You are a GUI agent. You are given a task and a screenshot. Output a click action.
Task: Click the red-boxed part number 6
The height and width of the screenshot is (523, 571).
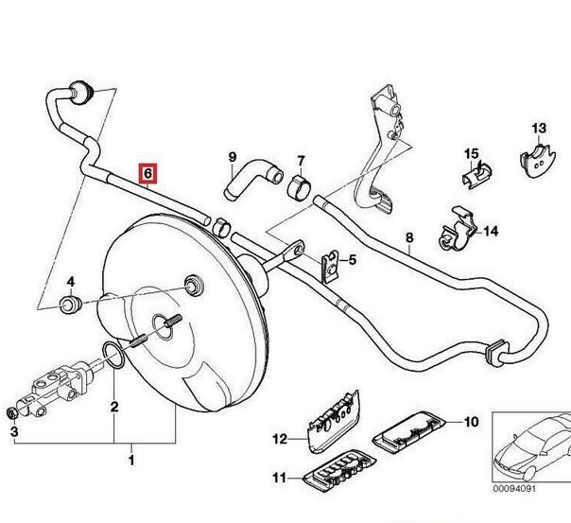pos(148,174)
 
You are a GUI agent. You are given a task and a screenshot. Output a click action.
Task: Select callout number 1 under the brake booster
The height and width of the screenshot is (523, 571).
pos(131,461)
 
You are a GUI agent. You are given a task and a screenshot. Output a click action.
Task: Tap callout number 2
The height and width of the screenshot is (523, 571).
pos(14,432)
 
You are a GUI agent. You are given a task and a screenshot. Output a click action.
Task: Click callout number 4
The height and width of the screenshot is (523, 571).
pos(352,260)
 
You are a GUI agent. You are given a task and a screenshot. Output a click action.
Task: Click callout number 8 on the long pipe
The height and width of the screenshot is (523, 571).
pos(409,238)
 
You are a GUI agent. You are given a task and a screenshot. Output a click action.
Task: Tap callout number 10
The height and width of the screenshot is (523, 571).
pos(472,421)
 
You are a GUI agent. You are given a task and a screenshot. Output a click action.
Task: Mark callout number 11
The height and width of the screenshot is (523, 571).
pos(279,476)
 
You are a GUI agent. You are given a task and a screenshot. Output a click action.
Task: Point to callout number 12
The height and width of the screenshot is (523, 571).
pos(279,438)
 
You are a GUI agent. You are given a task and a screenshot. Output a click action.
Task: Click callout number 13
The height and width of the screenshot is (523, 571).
pos(538,129)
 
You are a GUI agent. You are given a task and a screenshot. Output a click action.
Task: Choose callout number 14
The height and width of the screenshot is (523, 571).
pos(491,230)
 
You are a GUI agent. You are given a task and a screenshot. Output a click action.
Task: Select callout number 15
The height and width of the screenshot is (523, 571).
pos(471,154)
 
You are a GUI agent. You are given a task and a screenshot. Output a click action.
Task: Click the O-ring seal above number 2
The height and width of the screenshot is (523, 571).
pos(112,357)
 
